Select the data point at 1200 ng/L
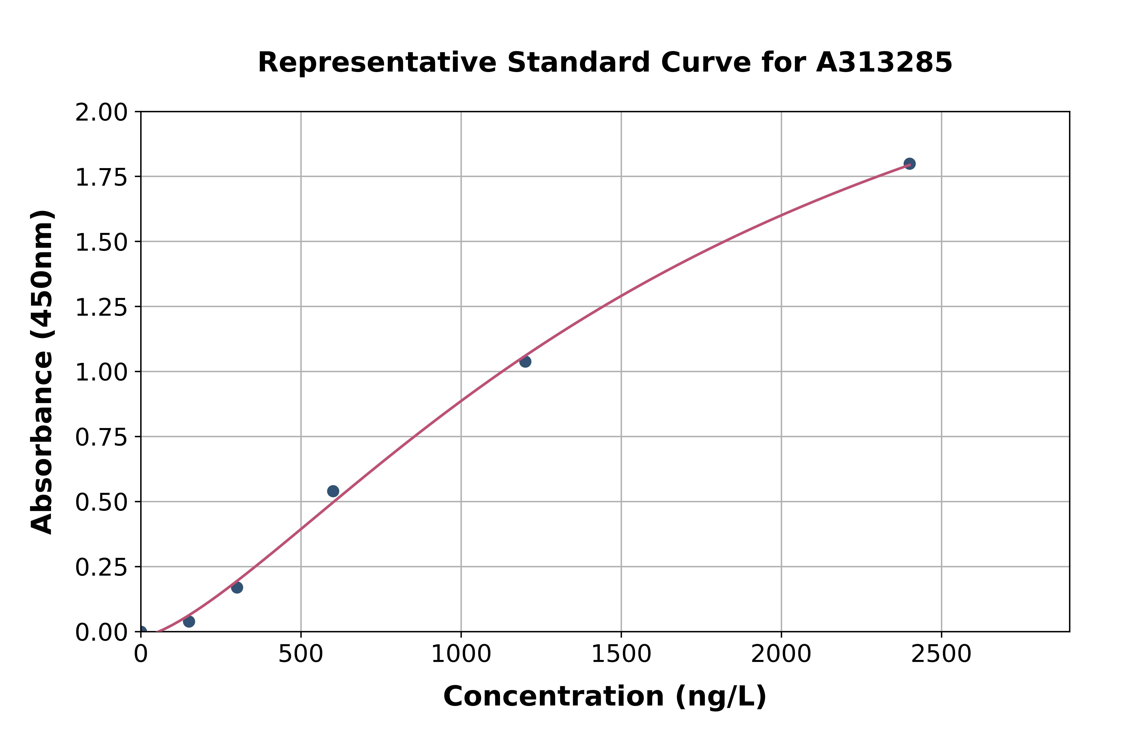tap(525, 361)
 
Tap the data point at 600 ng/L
tap(333, 491)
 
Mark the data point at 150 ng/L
tap(189, 621)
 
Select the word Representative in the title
tap(377, 63)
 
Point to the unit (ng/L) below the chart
tap(720, 696)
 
